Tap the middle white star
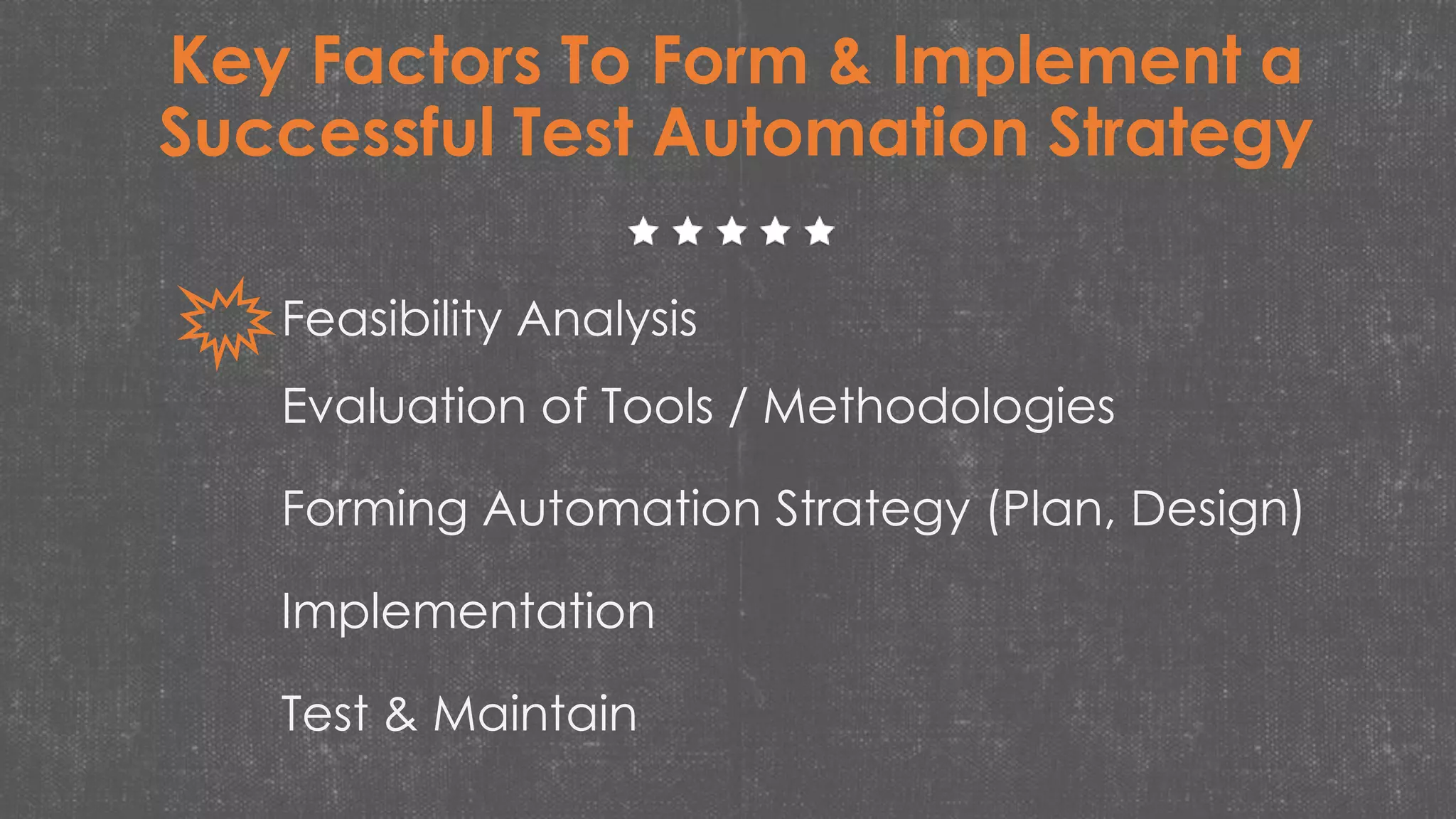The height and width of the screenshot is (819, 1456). (732, 232)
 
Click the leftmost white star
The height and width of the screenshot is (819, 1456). (644, 232)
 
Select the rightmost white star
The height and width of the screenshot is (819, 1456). (820, 232)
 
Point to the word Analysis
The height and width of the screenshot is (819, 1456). (606, 320)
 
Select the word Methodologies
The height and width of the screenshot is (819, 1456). (938, 408)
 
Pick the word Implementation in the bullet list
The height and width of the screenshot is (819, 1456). (468, 611)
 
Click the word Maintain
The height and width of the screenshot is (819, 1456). (535, 714)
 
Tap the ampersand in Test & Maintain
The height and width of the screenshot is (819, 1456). (400, 714)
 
